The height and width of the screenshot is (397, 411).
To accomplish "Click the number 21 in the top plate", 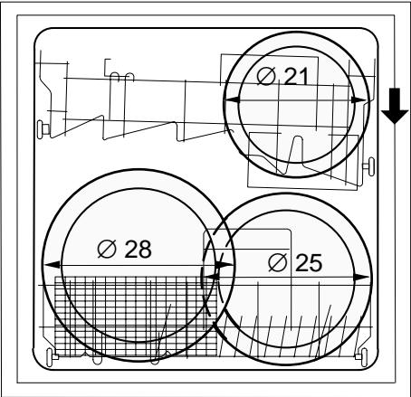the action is coord(296,76).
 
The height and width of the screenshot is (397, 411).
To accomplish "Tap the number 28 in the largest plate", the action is coord(138,249).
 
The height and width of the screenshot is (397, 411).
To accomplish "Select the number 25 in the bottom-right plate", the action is coord(309,262).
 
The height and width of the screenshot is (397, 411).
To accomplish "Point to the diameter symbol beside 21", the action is coord(266,76).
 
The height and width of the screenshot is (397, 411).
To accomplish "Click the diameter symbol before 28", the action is coord(107,249).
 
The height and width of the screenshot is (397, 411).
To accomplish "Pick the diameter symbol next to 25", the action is coord(277,262).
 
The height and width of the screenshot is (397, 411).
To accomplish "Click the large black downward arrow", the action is coord(395,106).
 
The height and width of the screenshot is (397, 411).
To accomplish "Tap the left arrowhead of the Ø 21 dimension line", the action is coord(233,99).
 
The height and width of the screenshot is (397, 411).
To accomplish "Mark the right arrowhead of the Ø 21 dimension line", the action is coord(359,99).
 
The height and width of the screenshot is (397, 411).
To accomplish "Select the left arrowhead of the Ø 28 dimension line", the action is coord(53,265).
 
